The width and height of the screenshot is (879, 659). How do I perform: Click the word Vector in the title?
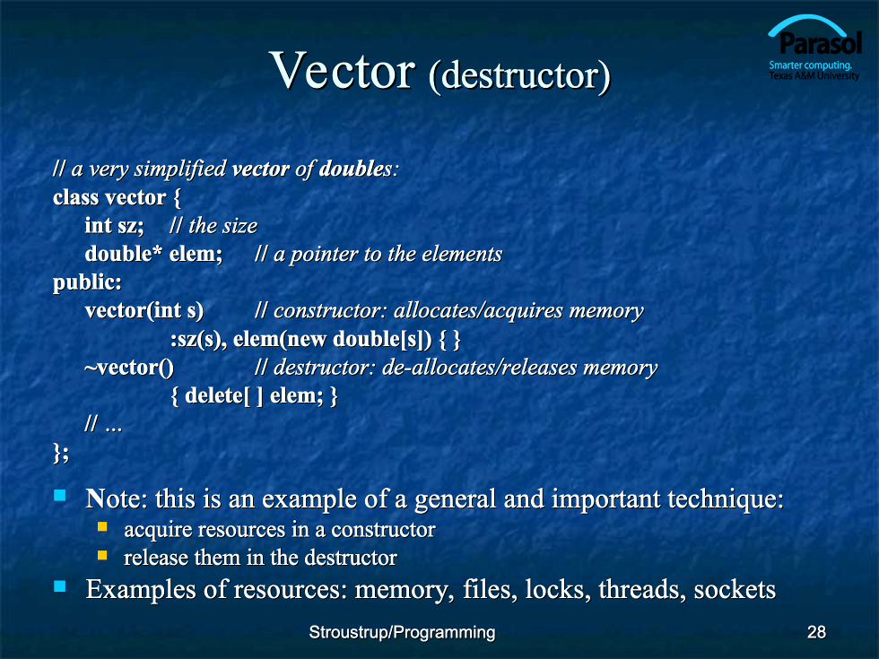343,70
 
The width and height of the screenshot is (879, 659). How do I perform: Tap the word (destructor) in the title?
519,75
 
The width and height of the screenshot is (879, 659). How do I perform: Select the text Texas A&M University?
814,75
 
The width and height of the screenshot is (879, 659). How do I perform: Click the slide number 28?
816,632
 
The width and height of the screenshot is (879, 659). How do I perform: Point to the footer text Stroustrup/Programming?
402,633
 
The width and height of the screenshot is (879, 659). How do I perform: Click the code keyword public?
87,282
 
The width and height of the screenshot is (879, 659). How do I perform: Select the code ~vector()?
129,368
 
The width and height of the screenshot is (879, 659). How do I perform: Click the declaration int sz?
115,225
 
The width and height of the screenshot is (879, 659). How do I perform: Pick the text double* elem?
153,254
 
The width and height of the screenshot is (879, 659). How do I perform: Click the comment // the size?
213,226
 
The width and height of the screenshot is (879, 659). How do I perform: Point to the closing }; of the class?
61,453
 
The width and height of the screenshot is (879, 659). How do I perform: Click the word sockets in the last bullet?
735,590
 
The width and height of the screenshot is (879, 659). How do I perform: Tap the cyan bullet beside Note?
59,495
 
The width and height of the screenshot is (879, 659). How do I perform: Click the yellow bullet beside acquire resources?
102,527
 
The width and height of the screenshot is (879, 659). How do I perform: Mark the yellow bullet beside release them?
102,555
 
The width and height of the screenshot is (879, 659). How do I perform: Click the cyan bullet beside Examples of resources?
59,586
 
